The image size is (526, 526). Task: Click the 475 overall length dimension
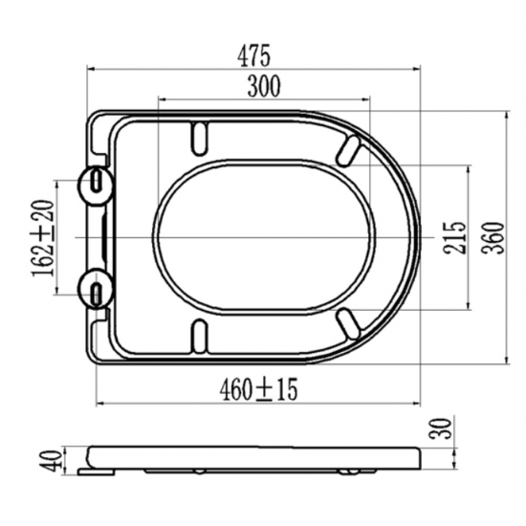[253, 56]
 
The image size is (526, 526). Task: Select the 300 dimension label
[264, 86]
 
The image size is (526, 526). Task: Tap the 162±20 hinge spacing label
[43, 238]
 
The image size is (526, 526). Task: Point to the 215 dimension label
[455, 237]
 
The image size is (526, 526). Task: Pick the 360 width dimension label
[493, 237]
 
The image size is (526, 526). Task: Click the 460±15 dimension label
[258, 389]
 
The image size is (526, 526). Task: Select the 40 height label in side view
[51, 461]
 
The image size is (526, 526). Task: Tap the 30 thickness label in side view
[440, 428]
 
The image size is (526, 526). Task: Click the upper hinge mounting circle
[96, 185]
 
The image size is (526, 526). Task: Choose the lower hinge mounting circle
[96, 289]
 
